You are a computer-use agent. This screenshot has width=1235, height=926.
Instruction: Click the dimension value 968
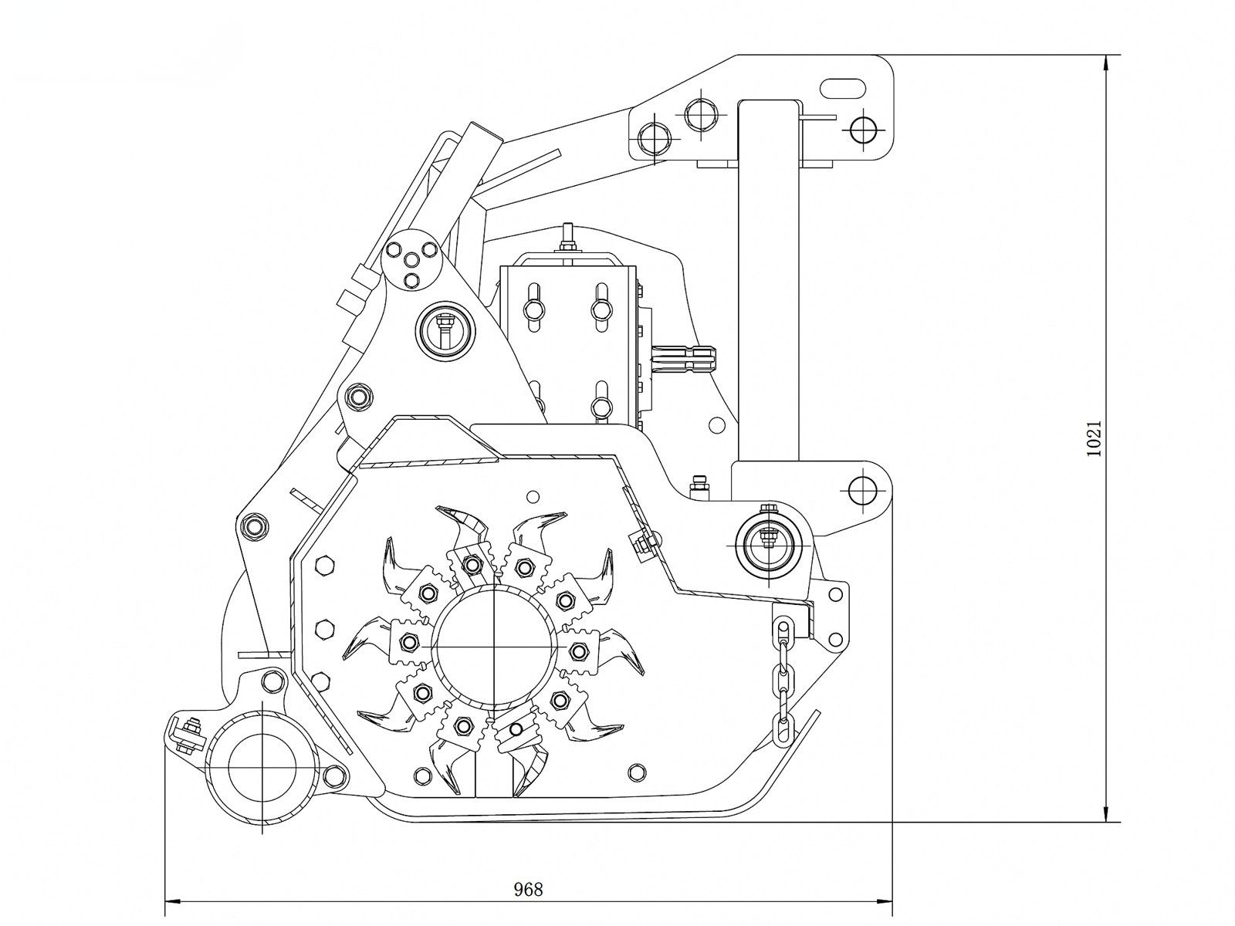pos(529,889)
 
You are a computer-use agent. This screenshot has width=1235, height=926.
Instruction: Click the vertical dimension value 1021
pos(1093,438)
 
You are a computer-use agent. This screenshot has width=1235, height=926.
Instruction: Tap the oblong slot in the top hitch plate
pos(842,88)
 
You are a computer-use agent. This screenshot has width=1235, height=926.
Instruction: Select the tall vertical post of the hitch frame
pos(769,278)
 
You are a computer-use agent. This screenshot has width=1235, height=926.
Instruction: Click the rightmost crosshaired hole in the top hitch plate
pos(863,129)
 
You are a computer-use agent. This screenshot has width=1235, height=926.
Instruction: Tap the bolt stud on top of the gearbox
pos(567,236)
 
